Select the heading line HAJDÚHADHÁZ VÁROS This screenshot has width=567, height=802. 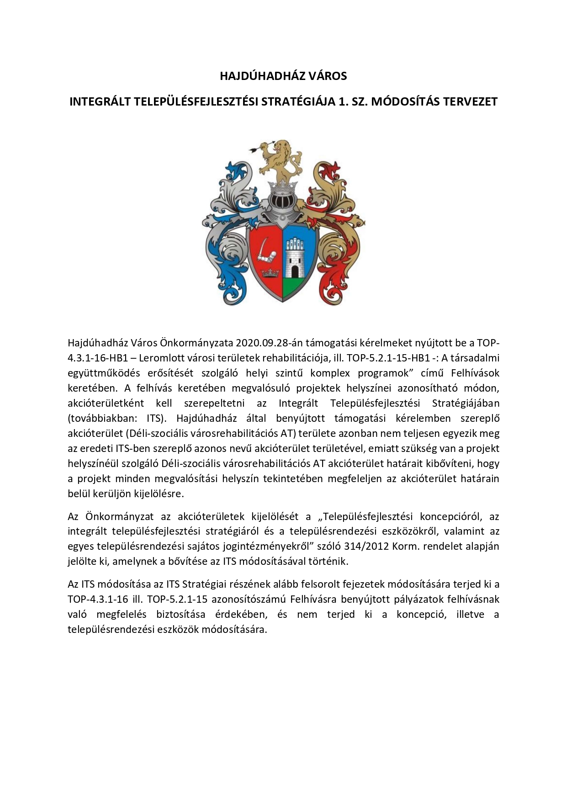click(283, 76)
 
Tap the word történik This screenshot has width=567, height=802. click(331, 561)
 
